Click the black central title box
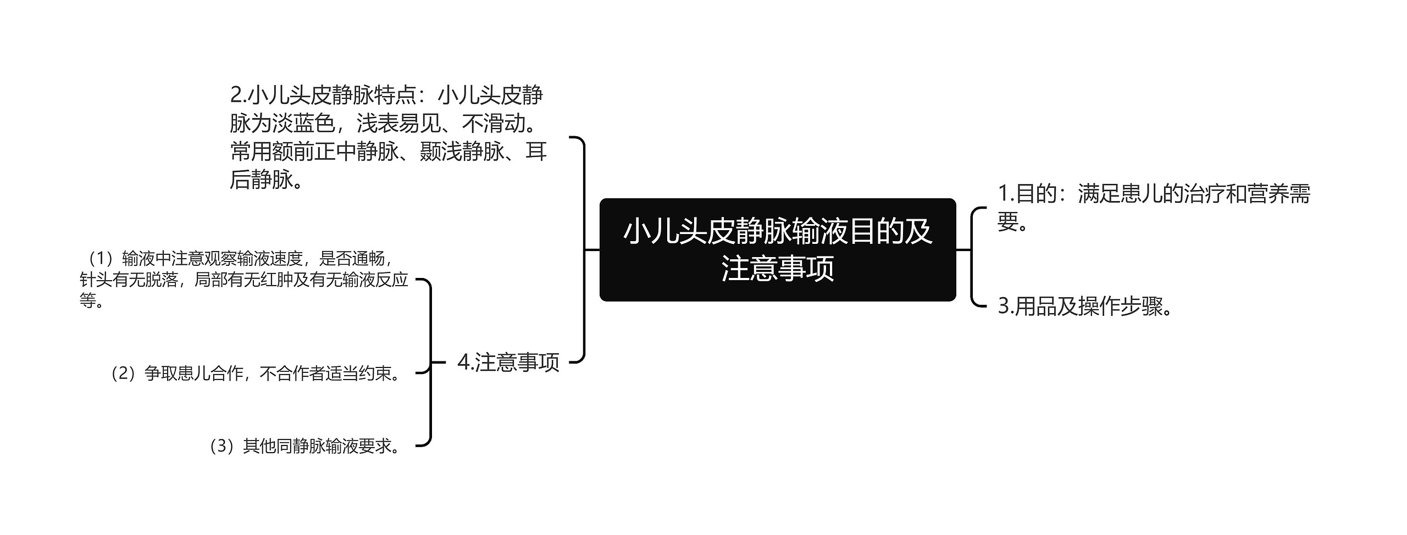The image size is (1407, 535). coord(777,250)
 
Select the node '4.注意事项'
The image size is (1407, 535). coord(508,363)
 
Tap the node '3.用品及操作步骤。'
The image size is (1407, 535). coord(1085,306)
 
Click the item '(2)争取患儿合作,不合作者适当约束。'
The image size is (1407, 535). coord(256,374)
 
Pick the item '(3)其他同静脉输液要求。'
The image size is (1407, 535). coord(304,446)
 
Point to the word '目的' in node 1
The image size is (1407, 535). coord(1035,194)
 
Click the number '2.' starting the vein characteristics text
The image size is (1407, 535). coord(238,96)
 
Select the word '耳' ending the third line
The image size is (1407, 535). coord(536,152)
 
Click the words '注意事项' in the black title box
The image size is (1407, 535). coord(777,269)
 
